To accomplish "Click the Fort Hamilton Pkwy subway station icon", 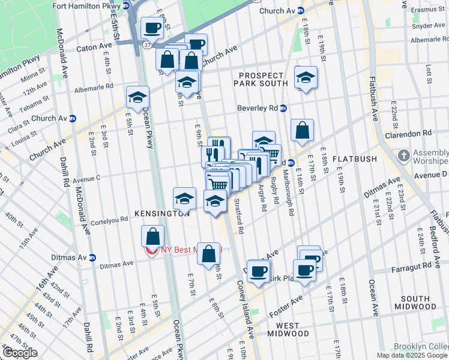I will (x=126, y=5).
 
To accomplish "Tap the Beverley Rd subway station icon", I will (x=283, y=109).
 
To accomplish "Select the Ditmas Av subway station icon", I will (x=92, y=258).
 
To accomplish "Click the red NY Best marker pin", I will (x=152, y=250).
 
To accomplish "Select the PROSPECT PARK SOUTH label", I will (x=264, y=79).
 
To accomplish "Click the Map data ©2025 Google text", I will (x=412, y=355).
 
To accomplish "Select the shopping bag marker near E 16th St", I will (x=303, y=130).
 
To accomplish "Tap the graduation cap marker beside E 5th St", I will (x=137, y=97).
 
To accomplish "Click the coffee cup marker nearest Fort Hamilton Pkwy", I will (x=152, y=27).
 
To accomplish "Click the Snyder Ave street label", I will (x=427, y=26).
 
